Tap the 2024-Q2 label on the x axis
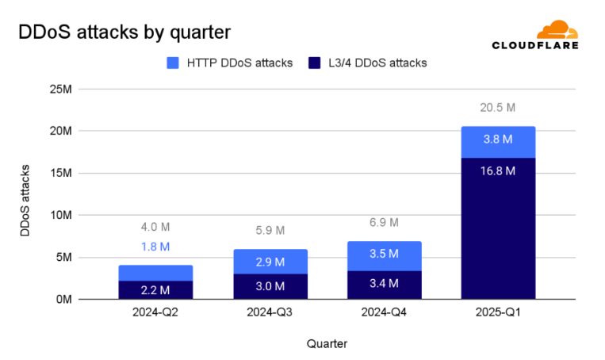click(x=155, y=313)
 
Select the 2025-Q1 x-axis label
click(x=497, y=313)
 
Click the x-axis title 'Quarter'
click(x=327, y=343)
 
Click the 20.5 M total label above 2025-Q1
click(x=497, y=108)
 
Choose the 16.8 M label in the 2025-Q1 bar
click(x=497, y=170)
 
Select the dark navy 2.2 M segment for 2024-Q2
click(x=155, y=290)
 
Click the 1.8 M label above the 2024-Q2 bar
click(x=155, y=247)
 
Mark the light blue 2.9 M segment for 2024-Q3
click(x=270, y=262)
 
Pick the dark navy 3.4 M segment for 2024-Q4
click(x=384, y=285)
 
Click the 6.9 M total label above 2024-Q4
click(x=384, y=223)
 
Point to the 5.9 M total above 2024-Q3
click(x=270, y=231)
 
